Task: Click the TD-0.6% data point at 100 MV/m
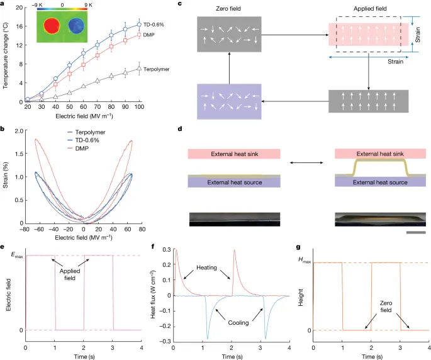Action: coord(139,25)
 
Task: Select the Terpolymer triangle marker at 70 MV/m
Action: coord(98,81)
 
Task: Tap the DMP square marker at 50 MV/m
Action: coord(70,74)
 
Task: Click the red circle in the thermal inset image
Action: coord(52,26)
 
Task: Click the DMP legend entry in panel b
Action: coord(78,149)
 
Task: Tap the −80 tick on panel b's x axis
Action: coord(25,229)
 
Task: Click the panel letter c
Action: coord(180,4)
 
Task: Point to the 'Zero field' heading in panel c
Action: coord(228,9)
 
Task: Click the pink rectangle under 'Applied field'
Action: coord(368,35)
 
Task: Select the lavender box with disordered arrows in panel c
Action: coord(229,101)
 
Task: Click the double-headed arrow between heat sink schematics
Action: coord(307,163)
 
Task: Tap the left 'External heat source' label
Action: coord(235,183)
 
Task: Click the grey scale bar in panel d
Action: coord(416,232)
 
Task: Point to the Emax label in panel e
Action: coord(17,255)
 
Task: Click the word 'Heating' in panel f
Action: coord(207,267)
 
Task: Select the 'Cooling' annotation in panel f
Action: coord(238,323)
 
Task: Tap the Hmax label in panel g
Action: coord(305,260)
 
